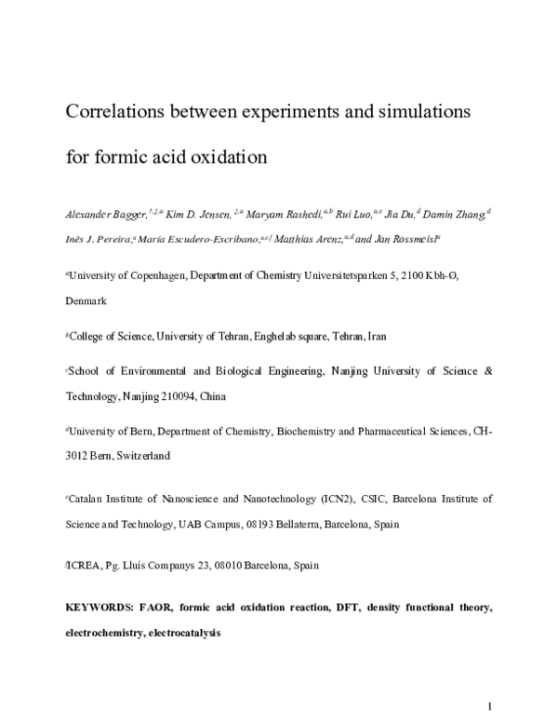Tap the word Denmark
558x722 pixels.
point(86,301)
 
